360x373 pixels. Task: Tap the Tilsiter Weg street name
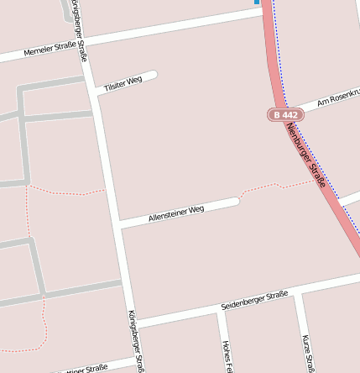click(123, 83)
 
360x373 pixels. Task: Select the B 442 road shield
click(284, 114)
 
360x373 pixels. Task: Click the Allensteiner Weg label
click(176, 213)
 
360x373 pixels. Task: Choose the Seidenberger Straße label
click(254, 300)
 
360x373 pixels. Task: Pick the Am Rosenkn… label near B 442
click(337, 97)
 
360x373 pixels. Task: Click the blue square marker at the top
click(257, 3)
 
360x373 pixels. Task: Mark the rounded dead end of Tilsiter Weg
click(153, 76)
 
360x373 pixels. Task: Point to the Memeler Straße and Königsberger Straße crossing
click(85, 43)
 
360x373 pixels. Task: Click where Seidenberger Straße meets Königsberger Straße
click(133, 323)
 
